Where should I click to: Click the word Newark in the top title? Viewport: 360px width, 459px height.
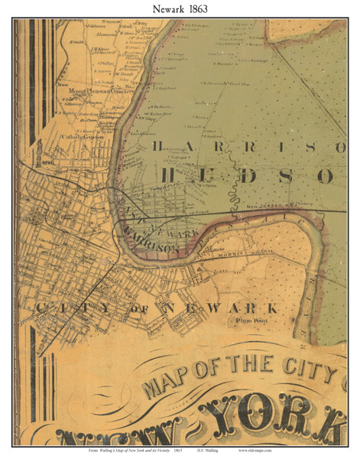[161, 8]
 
